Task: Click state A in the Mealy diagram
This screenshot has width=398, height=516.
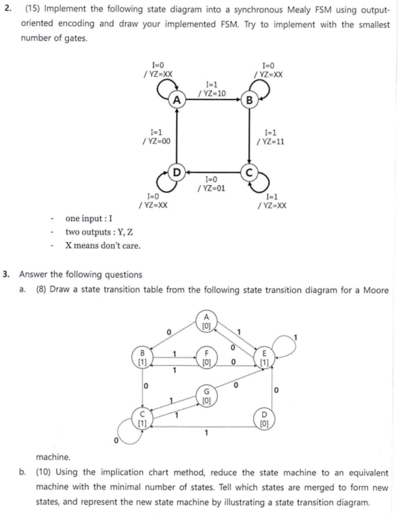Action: tap(177, 101)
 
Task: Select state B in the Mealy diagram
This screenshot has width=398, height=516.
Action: tap(249, 101)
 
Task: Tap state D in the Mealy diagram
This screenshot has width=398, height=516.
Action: tap(177, 172)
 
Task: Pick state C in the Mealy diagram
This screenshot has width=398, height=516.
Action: tap(249, 172)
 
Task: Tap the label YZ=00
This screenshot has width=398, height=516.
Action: tap(157, 141)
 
